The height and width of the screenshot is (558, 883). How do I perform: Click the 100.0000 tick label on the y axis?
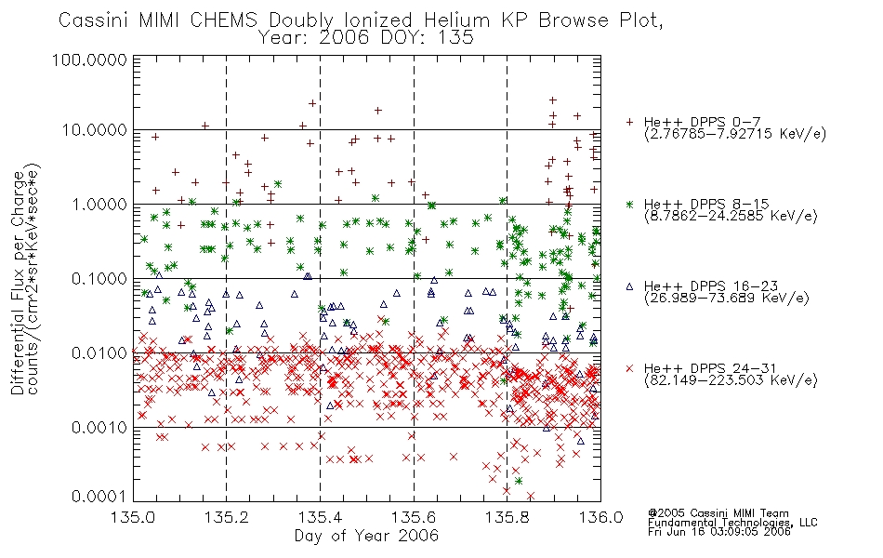[89, 60]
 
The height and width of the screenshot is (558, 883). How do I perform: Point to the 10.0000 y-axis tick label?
[94, 130]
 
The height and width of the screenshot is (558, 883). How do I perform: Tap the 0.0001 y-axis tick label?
[99, 496]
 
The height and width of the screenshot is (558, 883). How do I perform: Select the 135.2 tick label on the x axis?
[228, 517]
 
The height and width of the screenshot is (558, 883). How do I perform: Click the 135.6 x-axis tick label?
[414, 517]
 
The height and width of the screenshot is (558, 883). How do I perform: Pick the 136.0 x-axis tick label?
[600, 517]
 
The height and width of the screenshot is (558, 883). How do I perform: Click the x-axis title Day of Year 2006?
[366, 536]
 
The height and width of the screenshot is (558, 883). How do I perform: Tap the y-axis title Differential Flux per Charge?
[19, 282]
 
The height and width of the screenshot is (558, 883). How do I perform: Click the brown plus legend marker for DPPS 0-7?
[629, 122]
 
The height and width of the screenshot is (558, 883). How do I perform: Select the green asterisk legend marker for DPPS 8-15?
[629, 204]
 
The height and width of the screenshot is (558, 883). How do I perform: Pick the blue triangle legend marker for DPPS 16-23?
[629, 286]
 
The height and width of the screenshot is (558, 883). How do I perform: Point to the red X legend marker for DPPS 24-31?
[629, 368]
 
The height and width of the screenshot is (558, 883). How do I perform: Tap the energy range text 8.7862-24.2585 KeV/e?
[731, 216]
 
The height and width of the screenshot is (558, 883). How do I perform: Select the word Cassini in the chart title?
[95, 20]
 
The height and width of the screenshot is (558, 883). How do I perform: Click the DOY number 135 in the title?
[456, 38]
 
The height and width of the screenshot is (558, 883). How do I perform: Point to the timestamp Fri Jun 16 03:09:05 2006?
[719, 531]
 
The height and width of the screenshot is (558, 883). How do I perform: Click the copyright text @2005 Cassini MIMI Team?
[718, 513]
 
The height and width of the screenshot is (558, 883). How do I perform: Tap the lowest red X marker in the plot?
[530, 496]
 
